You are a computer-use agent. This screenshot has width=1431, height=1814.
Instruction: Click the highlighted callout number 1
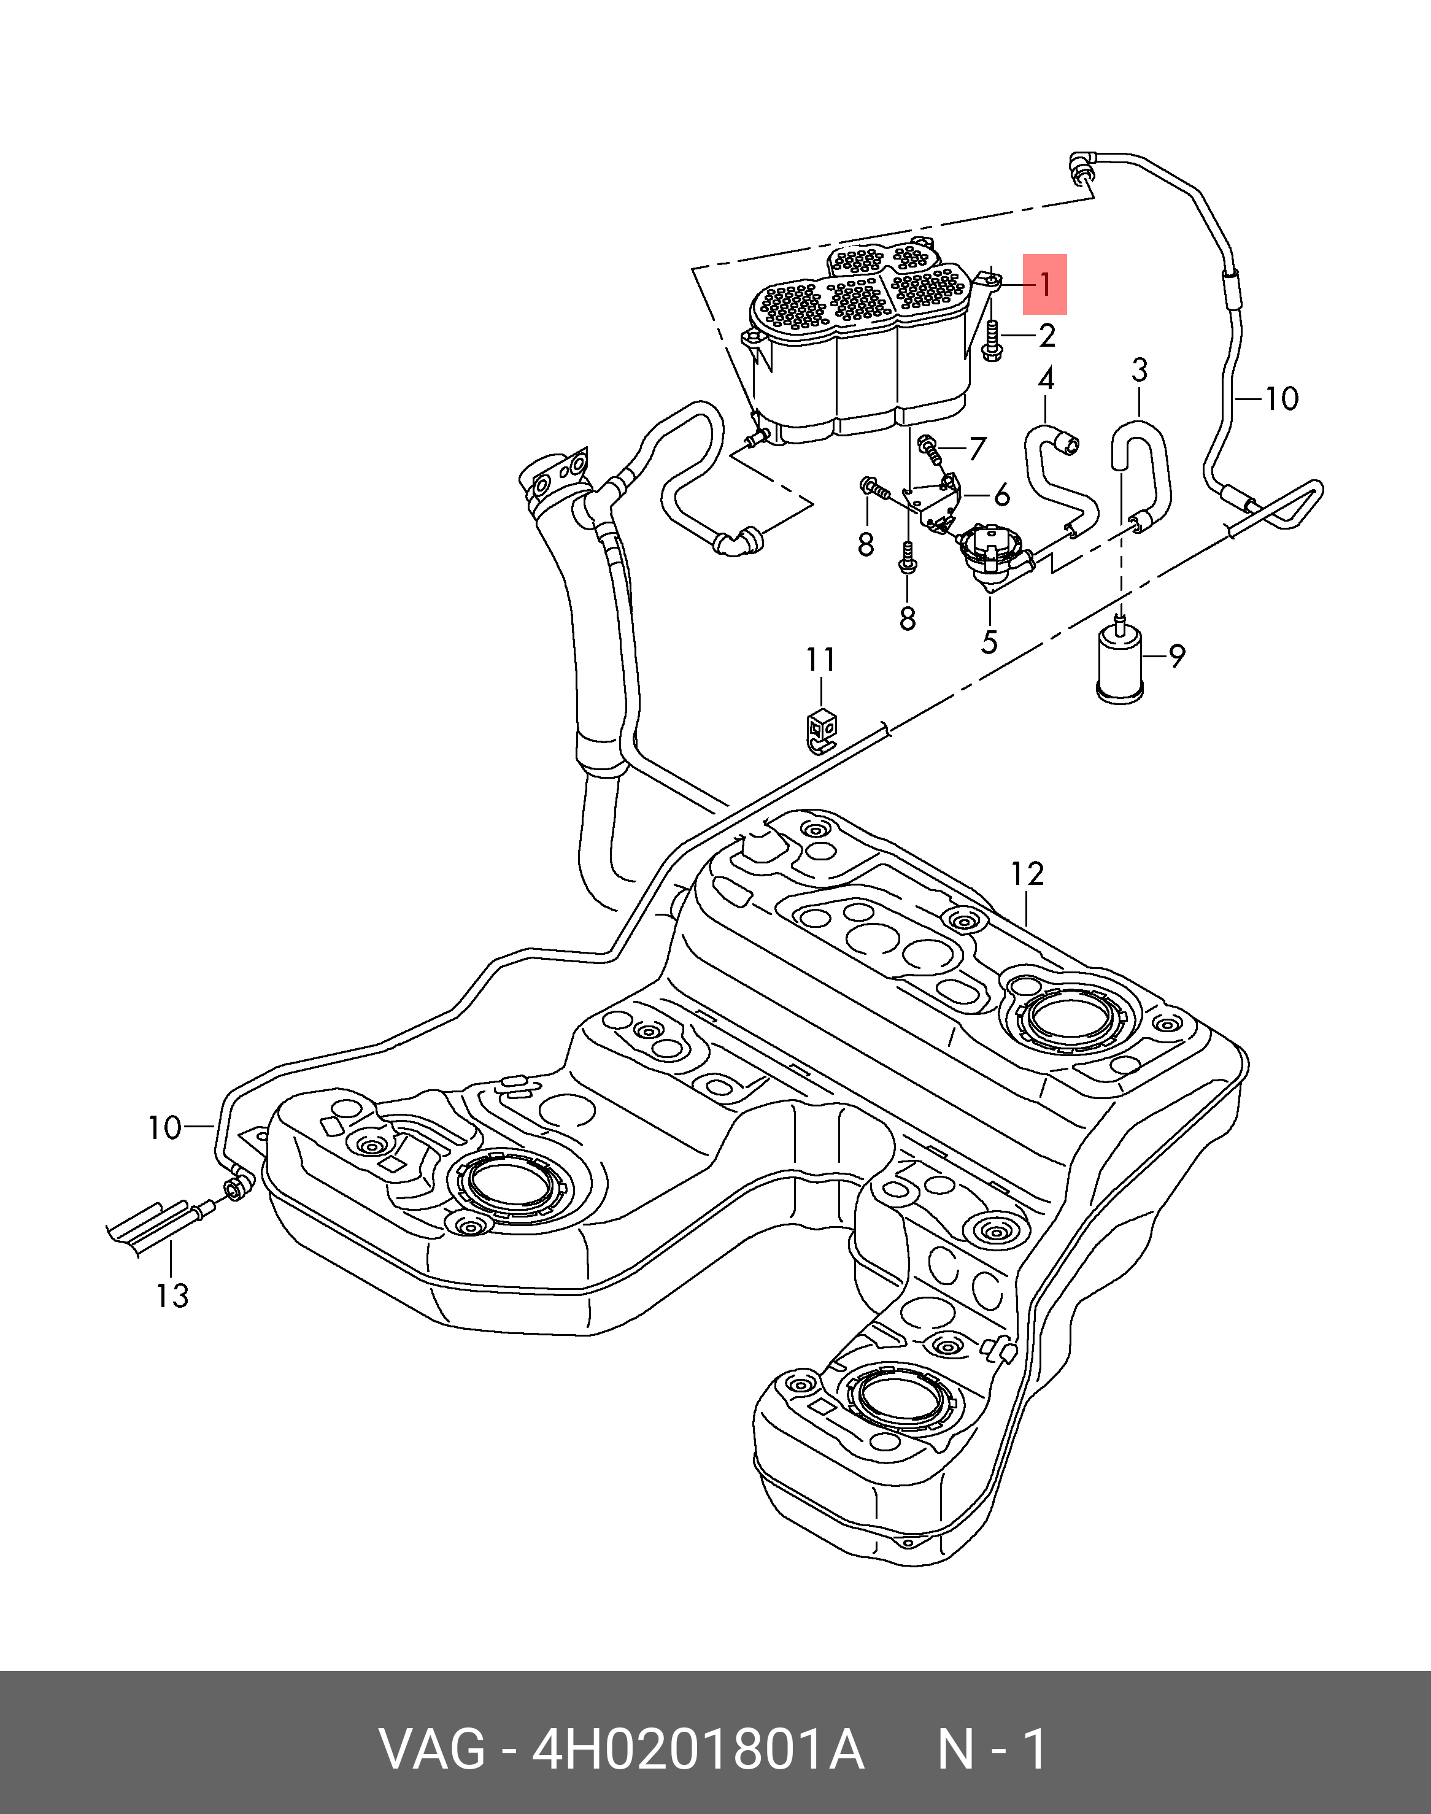click(x=1045, y=285)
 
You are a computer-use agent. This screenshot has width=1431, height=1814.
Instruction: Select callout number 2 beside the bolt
click(x=1046, y=336)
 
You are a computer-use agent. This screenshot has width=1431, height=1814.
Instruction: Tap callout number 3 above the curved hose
click(x=1140, y=369)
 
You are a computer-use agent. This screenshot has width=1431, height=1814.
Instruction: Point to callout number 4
click(x=1046, y=380)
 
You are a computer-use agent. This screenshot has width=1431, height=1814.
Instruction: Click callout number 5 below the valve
click(x=989, y=643)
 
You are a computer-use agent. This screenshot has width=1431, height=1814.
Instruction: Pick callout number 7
click(x=977, y=449)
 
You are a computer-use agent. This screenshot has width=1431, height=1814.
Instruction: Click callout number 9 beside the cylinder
click(x=1177, y=656)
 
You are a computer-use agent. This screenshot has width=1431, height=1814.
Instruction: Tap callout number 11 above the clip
click(x=821, y=660)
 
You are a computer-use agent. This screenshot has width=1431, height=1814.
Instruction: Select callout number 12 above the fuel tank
click(x=1027, y=874)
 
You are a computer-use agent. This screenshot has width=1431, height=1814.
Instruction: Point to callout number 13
click(x=172, y=1296)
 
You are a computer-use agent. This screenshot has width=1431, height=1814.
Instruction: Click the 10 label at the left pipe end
click(x=164, y=1128)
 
